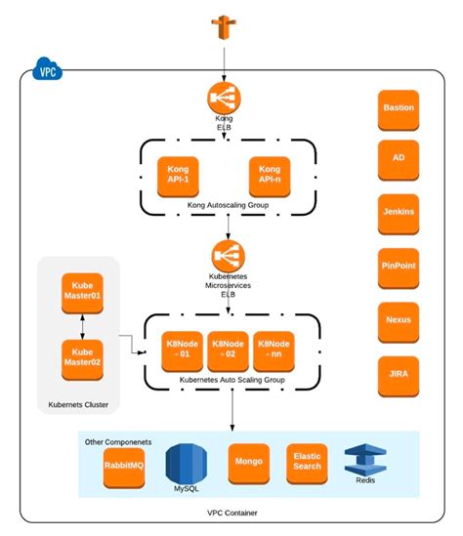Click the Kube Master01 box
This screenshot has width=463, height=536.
point(82,289)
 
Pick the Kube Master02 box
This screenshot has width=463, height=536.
point(82,357)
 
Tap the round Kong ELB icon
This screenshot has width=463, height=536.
point(224,99)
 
